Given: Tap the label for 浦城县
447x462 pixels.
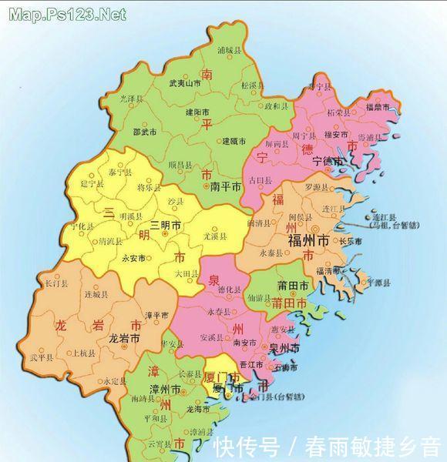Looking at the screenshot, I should click(230, 51).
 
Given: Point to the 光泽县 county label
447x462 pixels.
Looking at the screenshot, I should click(131, 100).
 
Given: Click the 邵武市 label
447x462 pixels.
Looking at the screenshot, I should click(146, 132).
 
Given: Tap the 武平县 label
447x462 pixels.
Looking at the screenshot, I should click(40, 357).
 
